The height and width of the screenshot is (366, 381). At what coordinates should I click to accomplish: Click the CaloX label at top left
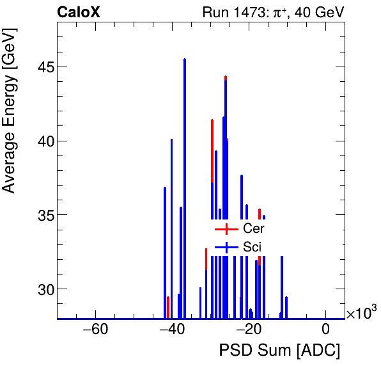(79, 12)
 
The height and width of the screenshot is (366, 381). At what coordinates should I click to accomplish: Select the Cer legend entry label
(253, 228)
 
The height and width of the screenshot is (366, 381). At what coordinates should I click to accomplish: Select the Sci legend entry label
(252, 247)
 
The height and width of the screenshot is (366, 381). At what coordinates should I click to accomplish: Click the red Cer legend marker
(226, 228)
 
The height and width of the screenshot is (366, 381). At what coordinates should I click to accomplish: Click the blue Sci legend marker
(226, 247)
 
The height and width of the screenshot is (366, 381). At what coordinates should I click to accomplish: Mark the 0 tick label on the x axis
(325, 330)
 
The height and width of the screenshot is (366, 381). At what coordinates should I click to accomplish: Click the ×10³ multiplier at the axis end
(361, 313)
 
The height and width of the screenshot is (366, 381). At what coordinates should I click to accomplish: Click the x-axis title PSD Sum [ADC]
(279, 351)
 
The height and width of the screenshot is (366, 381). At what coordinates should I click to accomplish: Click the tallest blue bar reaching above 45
(185, 61)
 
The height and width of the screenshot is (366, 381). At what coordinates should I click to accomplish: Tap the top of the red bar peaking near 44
(226, 77)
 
